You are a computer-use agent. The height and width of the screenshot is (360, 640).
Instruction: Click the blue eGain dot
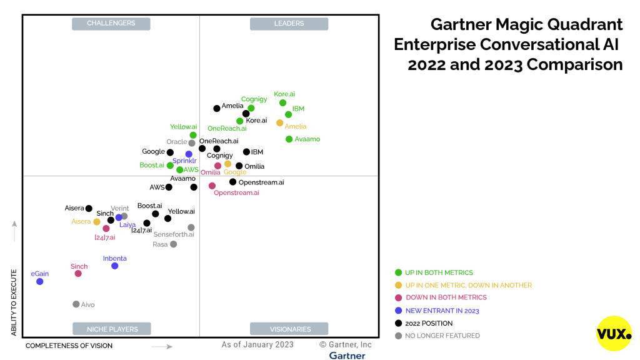coord(39,281)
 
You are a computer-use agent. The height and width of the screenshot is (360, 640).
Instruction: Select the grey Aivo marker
coord(76,304)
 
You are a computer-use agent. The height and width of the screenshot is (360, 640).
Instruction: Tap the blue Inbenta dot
coord(115,266)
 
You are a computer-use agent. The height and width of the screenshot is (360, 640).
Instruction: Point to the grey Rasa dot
coord(174,244)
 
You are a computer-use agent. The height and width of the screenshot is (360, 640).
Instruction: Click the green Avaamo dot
coord(289,139)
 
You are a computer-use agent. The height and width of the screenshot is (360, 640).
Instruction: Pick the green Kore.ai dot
coord(283,103)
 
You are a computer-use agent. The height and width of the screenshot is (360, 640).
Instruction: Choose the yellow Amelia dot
coord(279,123)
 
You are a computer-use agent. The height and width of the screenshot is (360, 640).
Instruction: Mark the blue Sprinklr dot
coord(189,154)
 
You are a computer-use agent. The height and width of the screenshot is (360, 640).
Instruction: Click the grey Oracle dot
coord(192,143)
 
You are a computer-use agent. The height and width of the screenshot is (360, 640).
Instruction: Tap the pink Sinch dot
coord(78,274)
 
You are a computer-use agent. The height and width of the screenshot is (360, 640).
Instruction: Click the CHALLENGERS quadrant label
coord(111,23)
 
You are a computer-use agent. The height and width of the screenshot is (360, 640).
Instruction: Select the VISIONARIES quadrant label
coord(289,329)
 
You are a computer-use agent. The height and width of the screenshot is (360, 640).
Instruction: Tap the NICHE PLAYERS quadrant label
coord(112,329)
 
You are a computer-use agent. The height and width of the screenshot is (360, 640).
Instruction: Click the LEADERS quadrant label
coord(289,23)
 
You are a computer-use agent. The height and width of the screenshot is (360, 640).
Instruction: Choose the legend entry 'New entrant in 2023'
coord(437,311)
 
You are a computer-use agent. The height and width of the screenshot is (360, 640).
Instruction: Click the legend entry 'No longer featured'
coord(437,336)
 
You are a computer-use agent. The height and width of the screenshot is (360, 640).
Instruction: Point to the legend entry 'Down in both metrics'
coord(441,297)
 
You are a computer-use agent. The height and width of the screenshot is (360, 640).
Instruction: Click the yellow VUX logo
coord(614,334)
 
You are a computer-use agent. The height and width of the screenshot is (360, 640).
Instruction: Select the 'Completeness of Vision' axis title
coord(69,346)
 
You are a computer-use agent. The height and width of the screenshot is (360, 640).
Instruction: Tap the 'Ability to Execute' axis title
coord(14,302)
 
